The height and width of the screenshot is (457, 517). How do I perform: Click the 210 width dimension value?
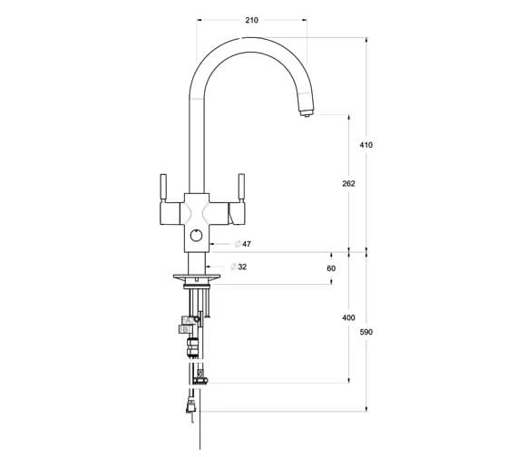[x=251, y=20]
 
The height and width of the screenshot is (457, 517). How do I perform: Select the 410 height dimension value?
[x=366, y=145]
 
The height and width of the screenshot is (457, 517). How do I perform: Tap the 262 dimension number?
[x=348, y=183]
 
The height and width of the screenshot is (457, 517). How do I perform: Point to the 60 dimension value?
[x=331, y=268]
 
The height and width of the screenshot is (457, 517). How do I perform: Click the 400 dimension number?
[x=348, y=317]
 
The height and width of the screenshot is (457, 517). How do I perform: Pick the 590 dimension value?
[x=366, y=332]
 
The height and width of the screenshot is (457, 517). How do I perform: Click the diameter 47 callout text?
[x=243, y=244]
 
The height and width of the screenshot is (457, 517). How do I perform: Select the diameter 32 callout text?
[x=239, y=267]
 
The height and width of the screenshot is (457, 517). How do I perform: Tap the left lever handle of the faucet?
[x=163, y=188]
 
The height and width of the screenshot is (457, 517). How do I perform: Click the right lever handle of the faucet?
[x=241, y=188]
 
